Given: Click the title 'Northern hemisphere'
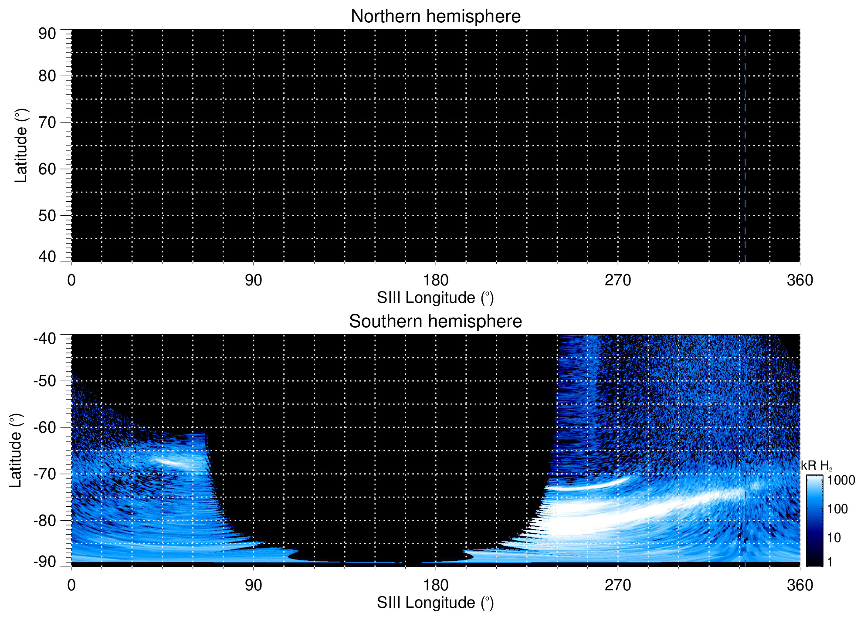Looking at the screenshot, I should (435, 17).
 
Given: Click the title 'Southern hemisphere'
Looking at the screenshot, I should (435, 322).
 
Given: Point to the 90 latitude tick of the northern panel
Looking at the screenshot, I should (47, 34).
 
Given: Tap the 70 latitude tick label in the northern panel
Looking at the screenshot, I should (47, 122).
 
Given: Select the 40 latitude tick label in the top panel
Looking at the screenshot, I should (47, 257).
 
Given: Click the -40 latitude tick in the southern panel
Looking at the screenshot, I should (44, 339).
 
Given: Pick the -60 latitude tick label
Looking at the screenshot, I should (44, 427).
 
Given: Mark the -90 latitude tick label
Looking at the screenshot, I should (44, 562).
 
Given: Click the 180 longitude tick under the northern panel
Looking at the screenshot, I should (436, 280).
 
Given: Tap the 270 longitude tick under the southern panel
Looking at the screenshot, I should (618, 585).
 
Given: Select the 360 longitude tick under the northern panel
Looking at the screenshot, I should (800, 280).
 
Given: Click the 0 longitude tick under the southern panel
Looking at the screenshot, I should (71, 585).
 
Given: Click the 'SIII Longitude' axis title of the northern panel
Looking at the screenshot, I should (435, 298).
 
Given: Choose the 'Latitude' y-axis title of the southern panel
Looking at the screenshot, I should (16, 451).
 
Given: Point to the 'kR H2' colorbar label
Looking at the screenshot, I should (817, 466).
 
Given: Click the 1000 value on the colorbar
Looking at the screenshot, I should (841, 481).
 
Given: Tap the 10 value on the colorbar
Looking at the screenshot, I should (834, 538).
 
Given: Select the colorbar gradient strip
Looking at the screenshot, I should (814, 521).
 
